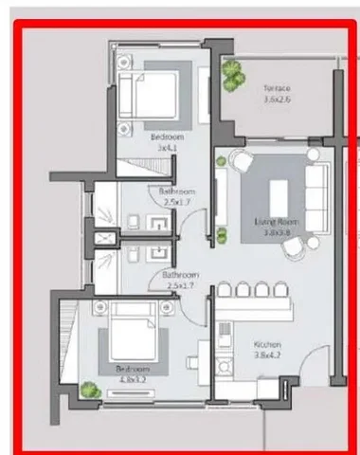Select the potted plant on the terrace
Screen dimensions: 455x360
[x=233, y=76]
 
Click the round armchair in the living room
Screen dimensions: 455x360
[x=238, y=163]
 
